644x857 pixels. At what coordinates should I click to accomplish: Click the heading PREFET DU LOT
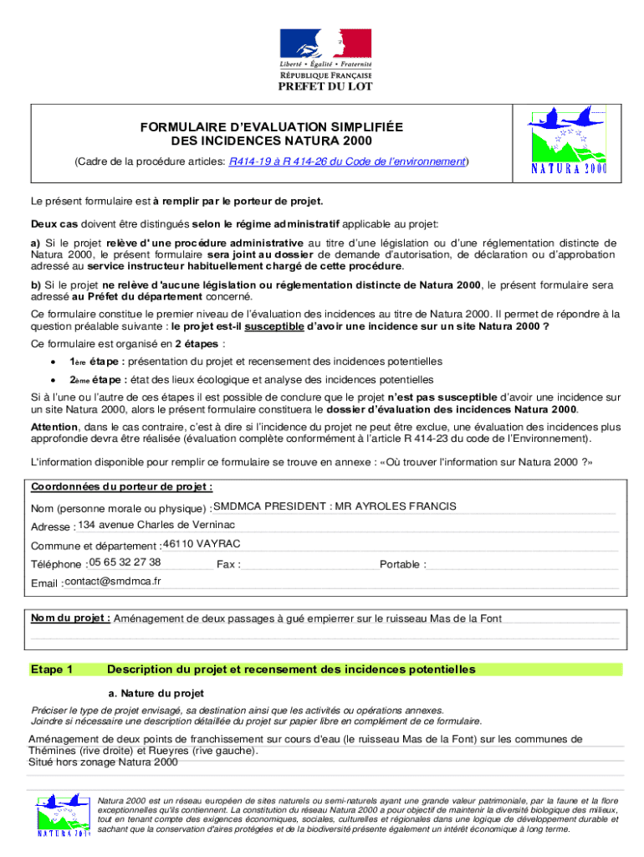(x=325, y=85)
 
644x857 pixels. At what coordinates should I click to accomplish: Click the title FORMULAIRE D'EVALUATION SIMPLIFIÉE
(x=271, y=126)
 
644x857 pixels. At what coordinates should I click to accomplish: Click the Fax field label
(x=228, y=565)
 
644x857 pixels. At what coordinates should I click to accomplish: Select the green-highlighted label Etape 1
(x=52, y=670)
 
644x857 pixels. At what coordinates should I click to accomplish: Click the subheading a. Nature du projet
(x=156, y=694)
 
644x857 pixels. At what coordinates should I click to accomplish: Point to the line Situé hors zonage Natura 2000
(x=103, y=762)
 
